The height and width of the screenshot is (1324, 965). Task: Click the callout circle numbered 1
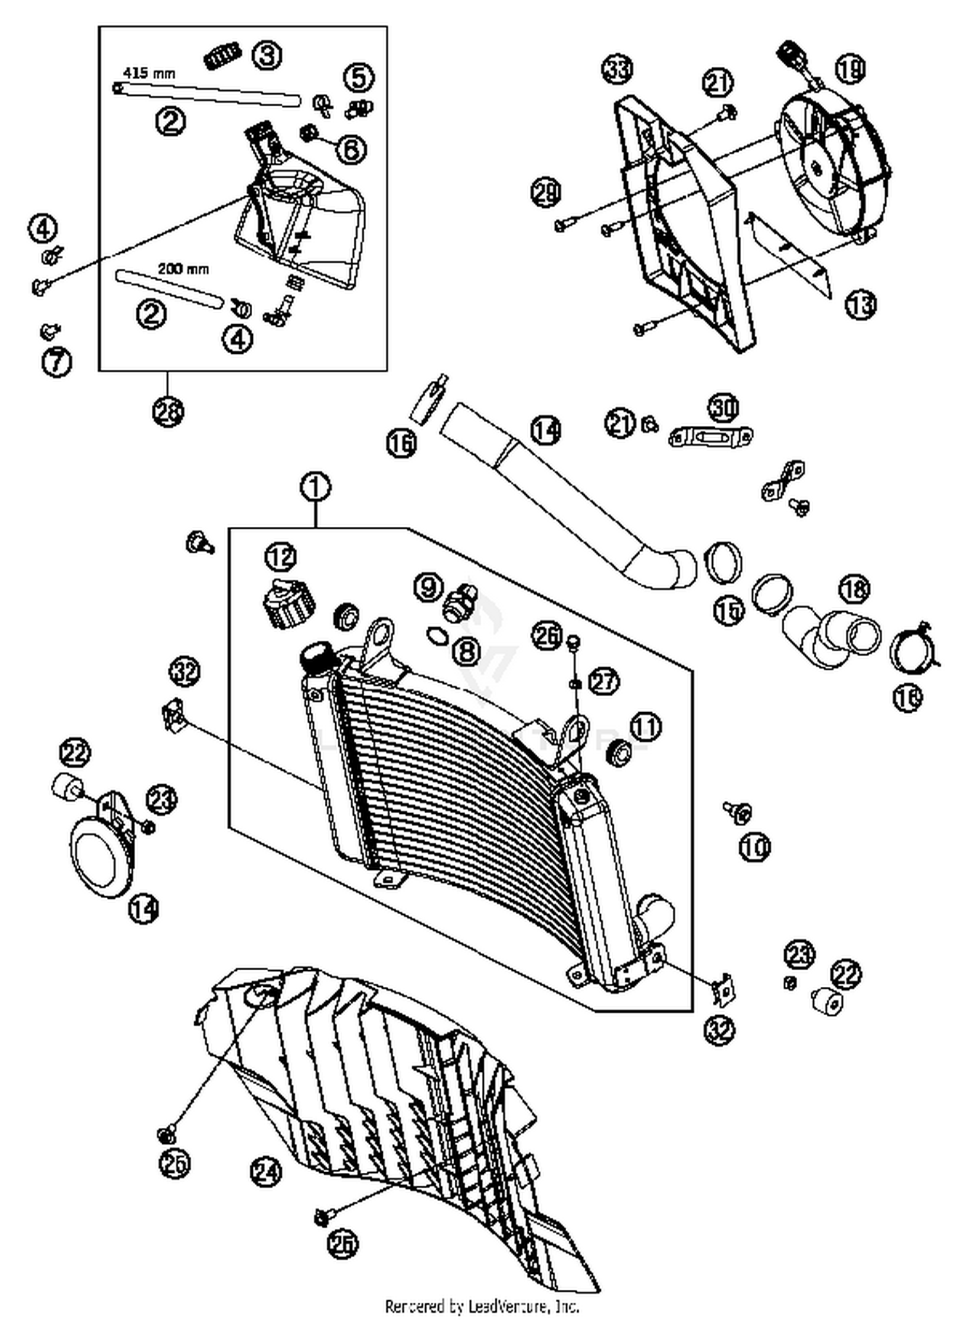[315, 488]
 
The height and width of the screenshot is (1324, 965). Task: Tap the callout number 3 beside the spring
[266, 55]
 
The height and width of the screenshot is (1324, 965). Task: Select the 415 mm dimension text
[149, 72]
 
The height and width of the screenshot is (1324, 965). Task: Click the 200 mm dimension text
[183, 269]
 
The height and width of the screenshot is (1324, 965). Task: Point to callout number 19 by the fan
[850, 68]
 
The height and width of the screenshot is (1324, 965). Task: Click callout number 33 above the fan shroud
[617, 68]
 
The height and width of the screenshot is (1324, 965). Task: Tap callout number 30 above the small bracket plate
[724, 407]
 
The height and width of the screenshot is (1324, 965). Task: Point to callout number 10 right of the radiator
[754, 847]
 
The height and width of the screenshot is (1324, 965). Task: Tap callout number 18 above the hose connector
[854, 589]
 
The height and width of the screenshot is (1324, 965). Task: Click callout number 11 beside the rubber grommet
[646, 727]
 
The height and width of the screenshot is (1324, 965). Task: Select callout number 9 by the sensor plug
[428, 586]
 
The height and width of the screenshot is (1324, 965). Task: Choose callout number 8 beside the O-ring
[466, 652]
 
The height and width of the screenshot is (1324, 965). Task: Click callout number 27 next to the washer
[603, 681]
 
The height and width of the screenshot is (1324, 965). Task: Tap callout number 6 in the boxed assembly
[351, 149]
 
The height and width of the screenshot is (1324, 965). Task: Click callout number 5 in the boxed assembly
[358, 77]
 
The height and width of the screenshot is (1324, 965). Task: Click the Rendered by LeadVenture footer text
[482, 1306]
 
